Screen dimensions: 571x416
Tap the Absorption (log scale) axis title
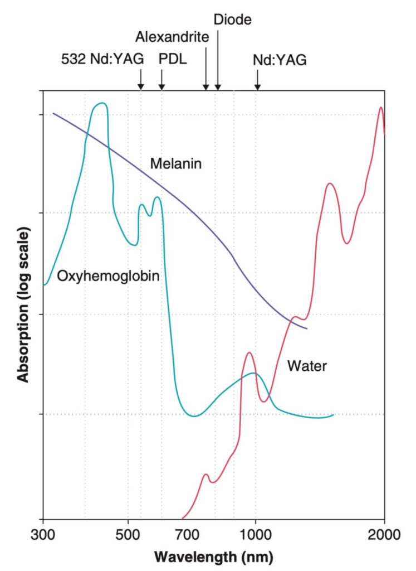coord(23,304)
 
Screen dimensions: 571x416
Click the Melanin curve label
coord(175,164)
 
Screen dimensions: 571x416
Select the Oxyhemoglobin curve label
coord(109,275)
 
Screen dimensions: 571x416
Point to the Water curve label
coord(306,366)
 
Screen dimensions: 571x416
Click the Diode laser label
coord(233,20)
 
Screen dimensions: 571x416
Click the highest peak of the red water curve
coord(381,108)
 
